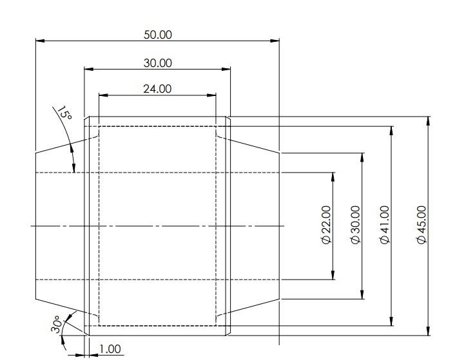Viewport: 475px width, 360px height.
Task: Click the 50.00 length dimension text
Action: pos(157,35)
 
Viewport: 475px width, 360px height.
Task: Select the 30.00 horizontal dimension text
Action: pos(157,63)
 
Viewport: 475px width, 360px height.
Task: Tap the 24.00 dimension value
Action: pos(157,89)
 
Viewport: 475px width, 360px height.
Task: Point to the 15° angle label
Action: pos(64,113)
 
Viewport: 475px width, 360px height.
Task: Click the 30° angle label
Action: pos(57,325)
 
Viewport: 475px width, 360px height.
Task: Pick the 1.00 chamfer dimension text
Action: pos(110,349)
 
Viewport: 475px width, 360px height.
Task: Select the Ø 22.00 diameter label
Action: pos(327,225)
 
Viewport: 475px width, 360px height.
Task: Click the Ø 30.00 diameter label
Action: pos(355,225)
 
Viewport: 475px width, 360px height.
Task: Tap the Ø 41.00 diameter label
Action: pos(385,225)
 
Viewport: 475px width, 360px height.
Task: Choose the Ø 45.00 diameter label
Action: pos(422,225)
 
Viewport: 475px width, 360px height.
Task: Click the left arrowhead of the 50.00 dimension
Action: pos(41,41)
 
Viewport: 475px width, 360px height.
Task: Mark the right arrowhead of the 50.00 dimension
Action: pos(275,41)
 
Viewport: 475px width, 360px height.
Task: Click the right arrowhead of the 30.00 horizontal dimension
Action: pos(226,69)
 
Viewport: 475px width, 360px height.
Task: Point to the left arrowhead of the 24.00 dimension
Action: pos(103,95)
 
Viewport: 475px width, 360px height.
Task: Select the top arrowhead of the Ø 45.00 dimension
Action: pos(428,121)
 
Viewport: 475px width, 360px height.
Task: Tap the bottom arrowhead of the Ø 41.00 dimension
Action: pos(392,321)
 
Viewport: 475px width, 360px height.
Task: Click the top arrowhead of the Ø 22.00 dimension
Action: pos(333,177)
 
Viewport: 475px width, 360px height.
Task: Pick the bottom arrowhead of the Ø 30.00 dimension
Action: pos(362,294)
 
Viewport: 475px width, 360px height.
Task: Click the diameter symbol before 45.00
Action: pos(422,240)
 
